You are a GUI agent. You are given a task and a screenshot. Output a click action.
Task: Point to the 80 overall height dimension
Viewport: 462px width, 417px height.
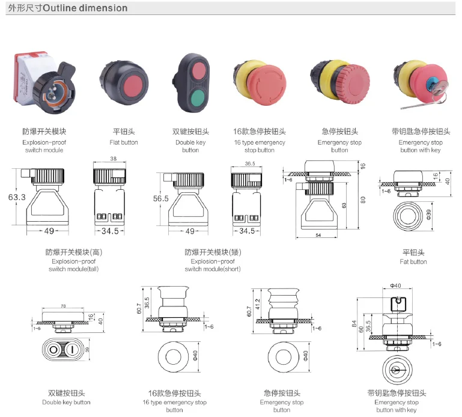363,200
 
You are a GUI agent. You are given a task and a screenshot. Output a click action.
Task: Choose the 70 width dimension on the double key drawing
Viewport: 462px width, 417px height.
63,306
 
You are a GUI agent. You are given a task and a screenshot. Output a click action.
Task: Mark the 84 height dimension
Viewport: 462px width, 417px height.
354,325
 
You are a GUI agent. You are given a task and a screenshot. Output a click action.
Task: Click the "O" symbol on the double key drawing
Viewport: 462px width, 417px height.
53,350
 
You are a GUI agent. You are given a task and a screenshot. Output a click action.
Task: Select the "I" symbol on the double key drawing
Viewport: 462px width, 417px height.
73,350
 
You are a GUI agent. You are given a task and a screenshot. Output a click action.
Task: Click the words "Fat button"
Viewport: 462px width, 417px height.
413,261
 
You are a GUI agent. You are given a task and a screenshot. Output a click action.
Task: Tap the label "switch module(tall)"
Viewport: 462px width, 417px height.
73,269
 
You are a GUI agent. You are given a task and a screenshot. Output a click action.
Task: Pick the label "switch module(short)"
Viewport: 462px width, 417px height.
213,269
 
